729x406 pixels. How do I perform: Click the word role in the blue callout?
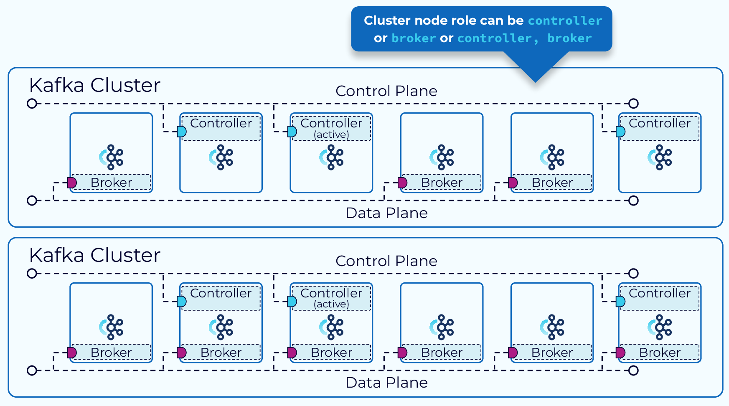coord(460,20)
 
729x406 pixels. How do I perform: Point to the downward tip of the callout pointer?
coord(536,81)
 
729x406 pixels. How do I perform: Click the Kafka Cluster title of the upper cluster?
coord(94,85)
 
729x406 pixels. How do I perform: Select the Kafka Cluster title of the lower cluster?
coord(94,255)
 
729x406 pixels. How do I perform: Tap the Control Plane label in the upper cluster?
coord(386,91)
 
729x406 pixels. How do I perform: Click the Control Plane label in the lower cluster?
coord(386,261)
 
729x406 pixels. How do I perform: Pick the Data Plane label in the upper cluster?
coord(386,213)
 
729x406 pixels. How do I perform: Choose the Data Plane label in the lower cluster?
coord(386,383)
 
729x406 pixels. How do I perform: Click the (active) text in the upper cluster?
coord(331,134)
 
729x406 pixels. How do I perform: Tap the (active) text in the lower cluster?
coord(331,304)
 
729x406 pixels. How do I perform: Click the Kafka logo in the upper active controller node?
coord(332,157)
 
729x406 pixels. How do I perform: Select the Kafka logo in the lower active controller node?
coord(332,327)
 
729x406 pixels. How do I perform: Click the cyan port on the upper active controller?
coord(292,132)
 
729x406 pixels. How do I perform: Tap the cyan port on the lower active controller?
coord(292,302)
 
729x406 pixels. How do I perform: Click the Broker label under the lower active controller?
coord(331,353)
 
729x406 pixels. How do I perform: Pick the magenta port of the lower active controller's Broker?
coord(292,353)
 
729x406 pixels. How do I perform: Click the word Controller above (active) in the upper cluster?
coord(331,123)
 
